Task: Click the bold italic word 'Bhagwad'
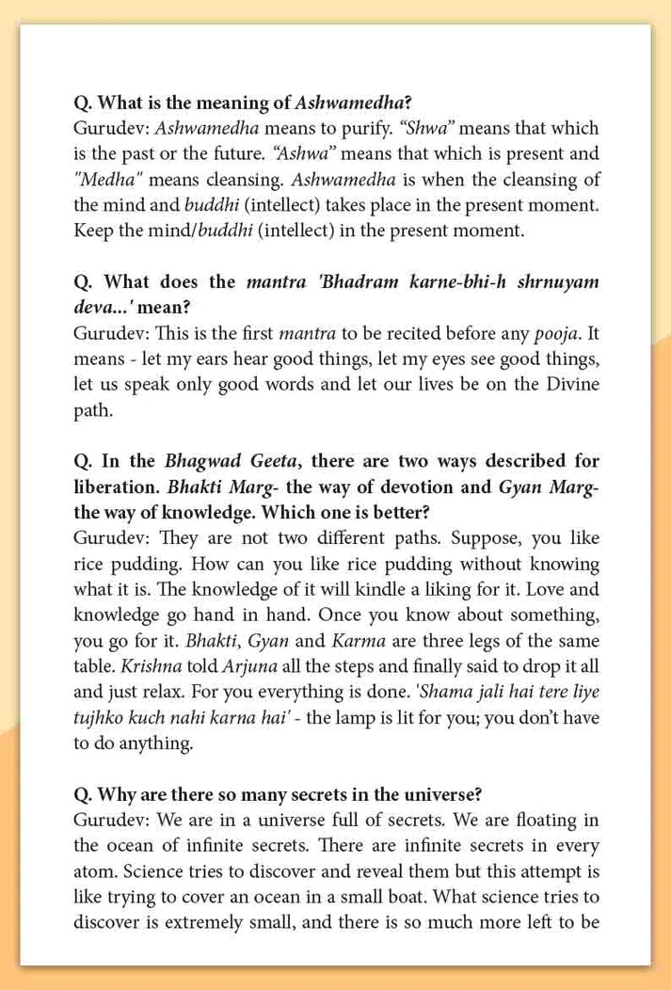[x=201, y=462]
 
